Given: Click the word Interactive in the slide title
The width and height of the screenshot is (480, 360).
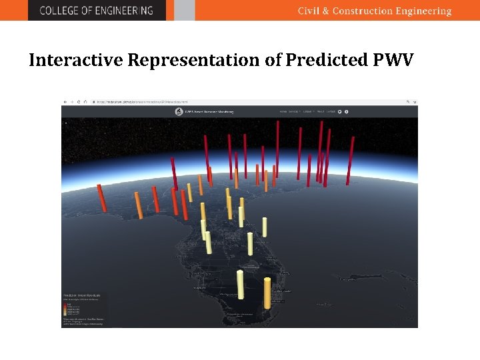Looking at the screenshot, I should (76, 60).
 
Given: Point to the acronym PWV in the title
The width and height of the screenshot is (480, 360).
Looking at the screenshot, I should (394, 60).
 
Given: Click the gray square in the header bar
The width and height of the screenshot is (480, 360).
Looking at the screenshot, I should (185, 10).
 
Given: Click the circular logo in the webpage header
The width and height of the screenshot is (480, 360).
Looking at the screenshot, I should (179, 111).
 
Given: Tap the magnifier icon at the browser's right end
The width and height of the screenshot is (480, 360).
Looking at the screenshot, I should (409, 102).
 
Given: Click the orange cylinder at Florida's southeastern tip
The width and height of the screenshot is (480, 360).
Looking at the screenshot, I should (267, 293).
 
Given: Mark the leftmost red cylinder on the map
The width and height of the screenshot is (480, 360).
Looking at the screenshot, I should (102, 198).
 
